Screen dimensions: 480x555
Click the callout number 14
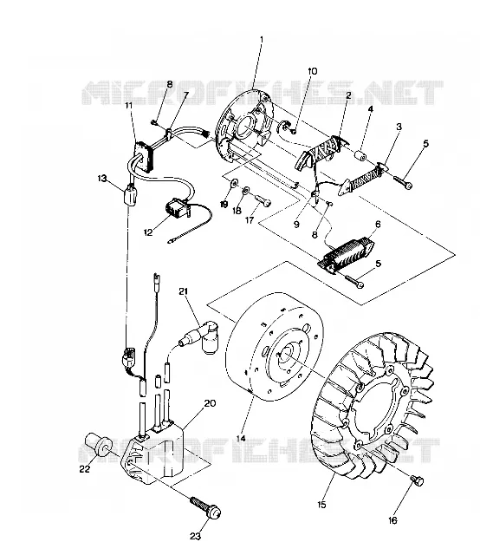(241, 439)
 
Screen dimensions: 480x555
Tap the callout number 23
(195, 536)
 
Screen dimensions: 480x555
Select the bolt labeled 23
(205, 507)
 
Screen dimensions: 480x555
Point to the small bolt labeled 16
(417, 481)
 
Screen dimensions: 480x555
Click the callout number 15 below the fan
(321, 505)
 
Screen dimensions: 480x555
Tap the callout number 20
(210, 403)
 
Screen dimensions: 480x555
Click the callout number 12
(148, 232)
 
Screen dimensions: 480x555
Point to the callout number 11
(128, 106)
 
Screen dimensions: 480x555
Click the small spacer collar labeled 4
(362, 155)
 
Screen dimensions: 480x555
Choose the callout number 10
(312, 71)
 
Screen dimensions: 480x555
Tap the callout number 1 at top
(262, 39)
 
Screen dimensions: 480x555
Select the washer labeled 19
(234, 183)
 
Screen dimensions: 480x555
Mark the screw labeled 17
(263, 200)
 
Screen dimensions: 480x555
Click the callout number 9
(296, 225)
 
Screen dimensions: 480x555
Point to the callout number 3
(399, 127)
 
